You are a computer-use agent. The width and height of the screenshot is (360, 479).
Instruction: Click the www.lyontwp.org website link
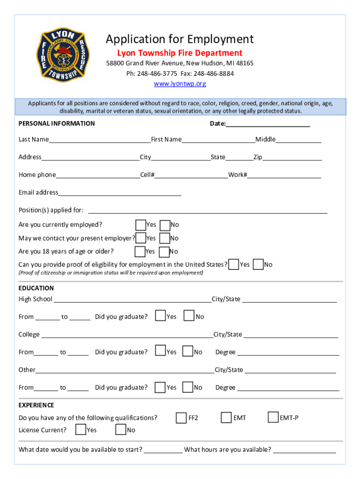(180, 84)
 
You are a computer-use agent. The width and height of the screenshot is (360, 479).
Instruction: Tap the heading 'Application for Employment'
(180, 39)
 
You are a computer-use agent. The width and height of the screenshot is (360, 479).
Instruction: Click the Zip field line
(292, 158)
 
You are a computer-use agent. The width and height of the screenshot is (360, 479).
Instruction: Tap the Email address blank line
(120, 194)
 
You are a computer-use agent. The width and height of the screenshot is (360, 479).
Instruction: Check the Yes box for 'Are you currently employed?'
(140, 225)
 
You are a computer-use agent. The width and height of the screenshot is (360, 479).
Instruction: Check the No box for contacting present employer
(165, 239)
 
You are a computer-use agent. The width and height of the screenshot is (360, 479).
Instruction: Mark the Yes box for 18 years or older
(139, 252)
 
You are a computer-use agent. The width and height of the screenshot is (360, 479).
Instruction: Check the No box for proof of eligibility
(258, 265)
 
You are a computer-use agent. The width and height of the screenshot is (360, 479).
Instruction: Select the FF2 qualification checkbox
(181, 418)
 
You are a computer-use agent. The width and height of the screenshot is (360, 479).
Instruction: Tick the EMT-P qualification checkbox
(273, 417)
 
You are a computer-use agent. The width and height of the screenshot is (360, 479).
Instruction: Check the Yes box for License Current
(80, 429)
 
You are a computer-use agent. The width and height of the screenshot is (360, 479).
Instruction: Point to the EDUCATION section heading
(36, 288)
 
